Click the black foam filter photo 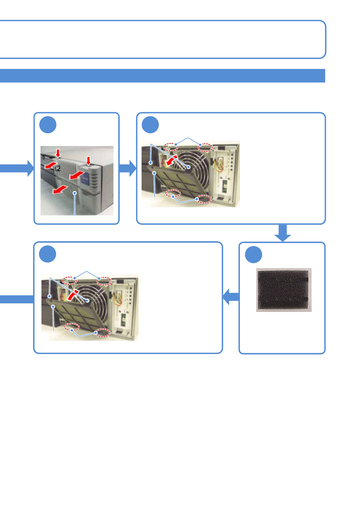click(283, 290)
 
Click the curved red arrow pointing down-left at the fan click(172, 160)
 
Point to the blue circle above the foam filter click(253, 255)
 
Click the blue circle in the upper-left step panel click(48, 125)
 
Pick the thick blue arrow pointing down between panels click(283, 233)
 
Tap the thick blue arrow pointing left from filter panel click(231, 297)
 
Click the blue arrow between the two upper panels click(128, 168)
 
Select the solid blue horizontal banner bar click(162, 76)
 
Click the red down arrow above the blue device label click(88, 161)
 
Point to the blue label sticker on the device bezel click(84, 179)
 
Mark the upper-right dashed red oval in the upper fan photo click(205, 148)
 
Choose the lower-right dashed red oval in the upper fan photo click(204, 199)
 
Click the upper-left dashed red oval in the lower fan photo click(69, 280)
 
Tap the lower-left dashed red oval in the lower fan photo click(72, 327)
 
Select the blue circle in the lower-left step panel click(48, 254)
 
